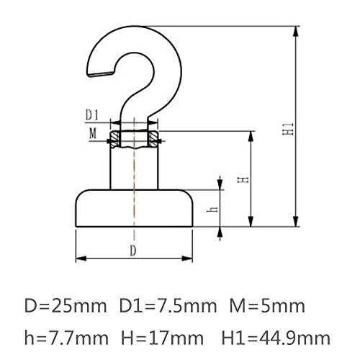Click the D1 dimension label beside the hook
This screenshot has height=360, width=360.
(x=92, y=115)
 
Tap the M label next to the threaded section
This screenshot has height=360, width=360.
(x=93, y=133)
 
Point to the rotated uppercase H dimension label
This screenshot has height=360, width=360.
(x=243, y=180)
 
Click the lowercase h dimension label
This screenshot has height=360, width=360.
(x=212, y=210)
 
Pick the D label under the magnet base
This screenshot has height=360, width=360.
(x=133, y=251)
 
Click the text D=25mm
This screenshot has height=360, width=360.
(x=66, y=306)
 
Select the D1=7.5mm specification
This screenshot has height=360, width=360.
(x=168, y=306)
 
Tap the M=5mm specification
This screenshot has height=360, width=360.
(x=267, y=306)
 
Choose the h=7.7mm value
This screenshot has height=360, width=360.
(x=66, y=338)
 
